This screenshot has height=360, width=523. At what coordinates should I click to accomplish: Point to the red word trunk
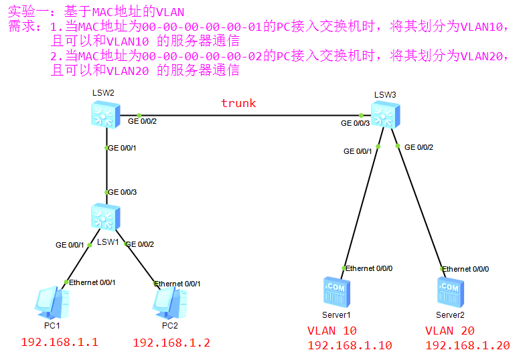pyautogui.click(x=238, y=103)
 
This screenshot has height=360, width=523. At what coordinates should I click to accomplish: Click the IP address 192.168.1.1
pyautogui.click(x=60, y=342)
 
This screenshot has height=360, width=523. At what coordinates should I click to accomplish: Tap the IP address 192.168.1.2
pyautogui.click(x=171, y=343)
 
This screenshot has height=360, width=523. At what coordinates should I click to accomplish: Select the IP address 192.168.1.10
pyautogui.click(x=350, y=345)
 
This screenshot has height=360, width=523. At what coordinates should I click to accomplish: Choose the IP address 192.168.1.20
pyautogui.click(x=467, y=345)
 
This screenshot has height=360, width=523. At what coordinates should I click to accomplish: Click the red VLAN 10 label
pyautogui.click(x=332, y=331)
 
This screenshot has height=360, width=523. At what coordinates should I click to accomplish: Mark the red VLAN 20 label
pyautogui.click(x=450, y=331)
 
